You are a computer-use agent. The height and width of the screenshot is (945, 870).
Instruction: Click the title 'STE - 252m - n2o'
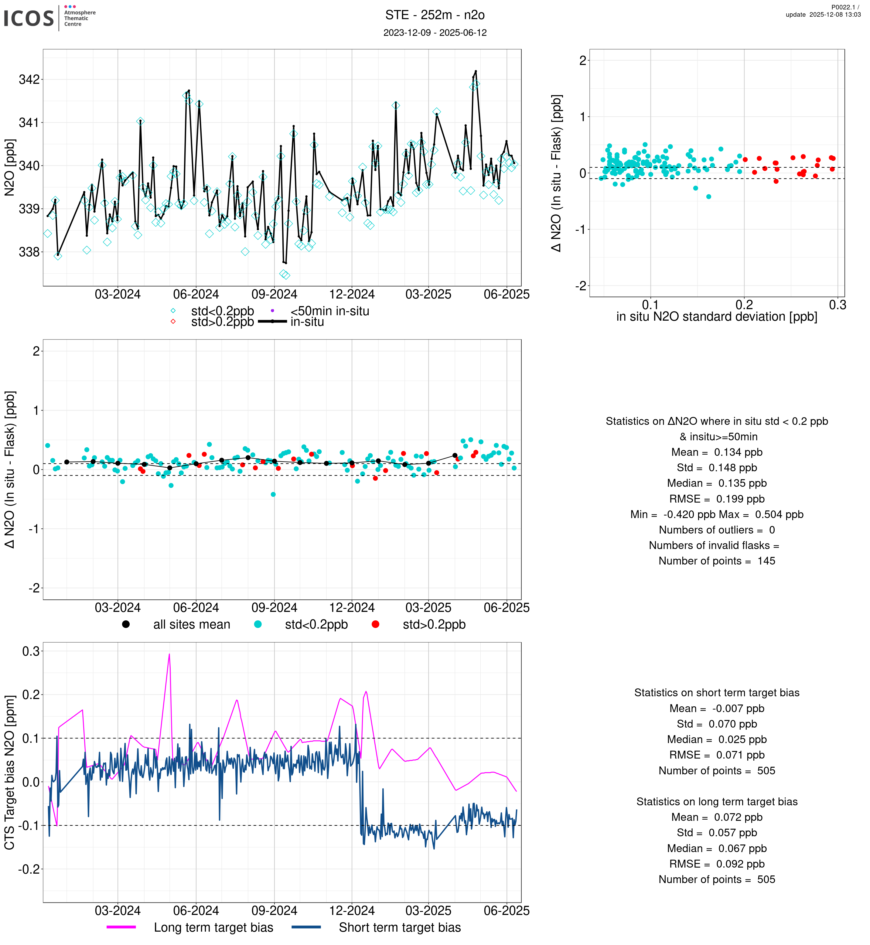[x=435, y=15]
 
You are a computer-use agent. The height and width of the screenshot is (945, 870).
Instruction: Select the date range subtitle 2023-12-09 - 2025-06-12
[x=435, y=32]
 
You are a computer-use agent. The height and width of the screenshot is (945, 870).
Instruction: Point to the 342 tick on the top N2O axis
[x=29, y=80]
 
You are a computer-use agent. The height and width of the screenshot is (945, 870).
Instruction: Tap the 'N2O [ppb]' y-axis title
[x=9, y=167]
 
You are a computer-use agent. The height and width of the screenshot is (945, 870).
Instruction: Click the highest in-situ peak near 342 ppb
[x=476, y=71]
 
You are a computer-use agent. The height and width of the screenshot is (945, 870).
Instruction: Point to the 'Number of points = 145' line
[x=717, y=561]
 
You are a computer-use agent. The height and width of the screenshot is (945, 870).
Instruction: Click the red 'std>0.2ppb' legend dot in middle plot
[x=375, y=624]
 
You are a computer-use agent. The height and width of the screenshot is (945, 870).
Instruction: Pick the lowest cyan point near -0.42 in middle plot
[x=273, y=494]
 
